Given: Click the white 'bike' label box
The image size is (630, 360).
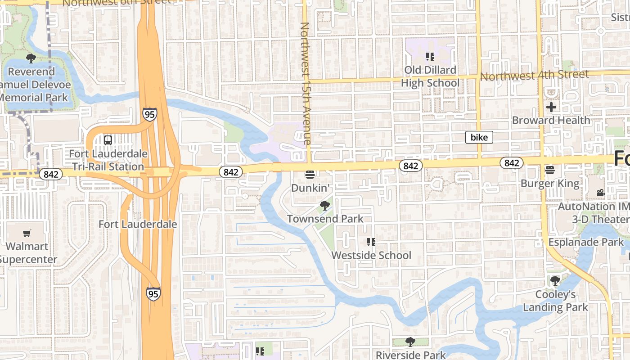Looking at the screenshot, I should pos(479,137).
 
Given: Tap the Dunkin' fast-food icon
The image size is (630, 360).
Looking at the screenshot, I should pos(310,175).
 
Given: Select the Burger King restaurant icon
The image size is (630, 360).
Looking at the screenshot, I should pos(549,170).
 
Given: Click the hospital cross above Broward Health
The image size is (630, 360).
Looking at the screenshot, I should pos(551,107).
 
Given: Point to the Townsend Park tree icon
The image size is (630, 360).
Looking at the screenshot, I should pos(324,206).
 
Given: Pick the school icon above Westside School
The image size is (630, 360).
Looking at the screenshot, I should pos(371,242).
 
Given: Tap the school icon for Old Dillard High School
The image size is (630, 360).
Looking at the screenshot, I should pos(430,57).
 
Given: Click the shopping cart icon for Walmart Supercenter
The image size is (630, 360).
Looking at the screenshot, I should pos(27,233).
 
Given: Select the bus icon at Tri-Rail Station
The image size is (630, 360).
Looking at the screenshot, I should pos(108,140).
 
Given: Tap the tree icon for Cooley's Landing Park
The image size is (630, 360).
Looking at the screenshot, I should pos(555,281).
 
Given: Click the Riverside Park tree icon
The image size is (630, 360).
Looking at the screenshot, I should pos(410,342).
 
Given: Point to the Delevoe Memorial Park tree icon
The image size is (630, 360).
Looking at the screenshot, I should pos(31,58).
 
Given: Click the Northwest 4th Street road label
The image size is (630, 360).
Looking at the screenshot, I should pos(534,75).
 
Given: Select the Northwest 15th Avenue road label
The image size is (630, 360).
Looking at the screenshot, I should pos(306,83).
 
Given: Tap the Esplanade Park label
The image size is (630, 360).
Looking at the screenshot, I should pos(586,242).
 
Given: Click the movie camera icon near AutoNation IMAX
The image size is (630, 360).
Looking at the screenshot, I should pos(601,193).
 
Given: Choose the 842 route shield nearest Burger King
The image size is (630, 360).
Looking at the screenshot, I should pos(512,163).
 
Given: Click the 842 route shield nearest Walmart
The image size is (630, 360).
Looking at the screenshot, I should pos(50,174).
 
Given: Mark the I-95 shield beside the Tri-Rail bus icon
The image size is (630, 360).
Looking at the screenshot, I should pos(150,114).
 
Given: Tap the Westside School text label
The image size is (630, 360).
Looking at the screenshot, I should pos(371,255).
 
